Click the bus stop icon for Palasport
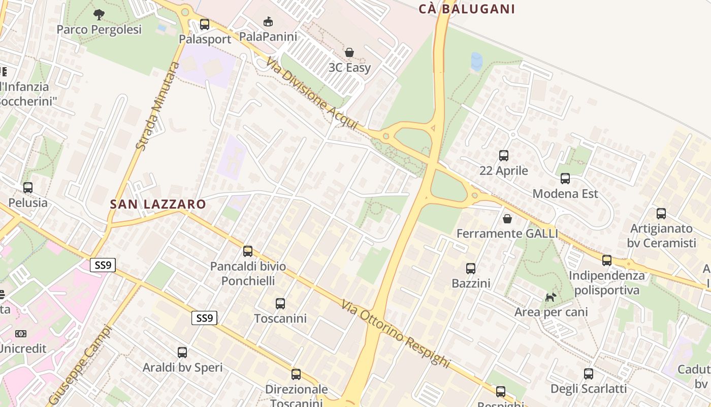click(205, 24)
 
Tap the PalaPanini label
click(268, 36)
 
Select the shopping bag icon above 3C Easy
click(349, 52)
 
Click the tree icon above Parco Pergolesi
click(99, 14)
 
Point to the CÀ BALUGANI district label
click(467, 9)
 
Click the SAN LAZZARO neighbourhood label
click(158, 205)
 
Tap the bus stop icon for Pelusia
click(28, 187)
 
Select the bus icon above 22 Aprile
click(504, 156)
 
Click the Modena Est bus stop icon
click(565, 179)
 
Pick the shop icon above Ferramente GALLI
click(507, 219)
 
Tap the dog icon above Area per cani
click(551, 297)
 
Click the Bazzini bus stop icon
click(471, 268)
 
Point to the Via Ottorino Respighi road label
click(396, 333)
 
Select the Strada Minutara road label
click(158, 106)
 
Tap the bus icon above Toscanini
click(280, 304)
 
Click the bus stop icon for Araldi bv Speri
click(182, 352)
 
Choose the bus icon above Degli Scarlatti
click(589, 374)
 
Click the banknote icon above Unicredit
click(21, 333)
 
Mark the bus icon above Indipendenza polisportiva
click(607, 260)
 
